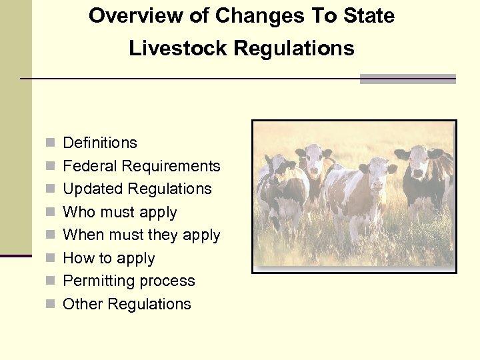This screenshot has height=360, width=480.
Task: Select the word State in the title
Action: click(370, 16)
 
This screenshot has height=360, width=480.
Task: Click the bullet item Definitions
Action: click(100, 143)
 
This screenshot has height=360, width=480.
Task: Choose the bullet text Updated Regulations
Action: click(137, 189)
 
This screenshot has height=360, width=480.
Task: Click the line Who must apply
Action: click(120, 213)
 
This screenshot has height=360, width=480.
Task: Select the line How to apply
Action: click(109, 259)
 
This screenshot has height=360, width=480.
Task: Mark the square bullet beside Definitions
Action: click(50, 143)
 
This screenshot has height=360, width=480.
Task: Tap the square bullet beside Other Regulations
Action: click(50, 305)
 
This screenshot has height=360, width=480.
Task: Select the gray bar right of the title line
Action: click(407, 79)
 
